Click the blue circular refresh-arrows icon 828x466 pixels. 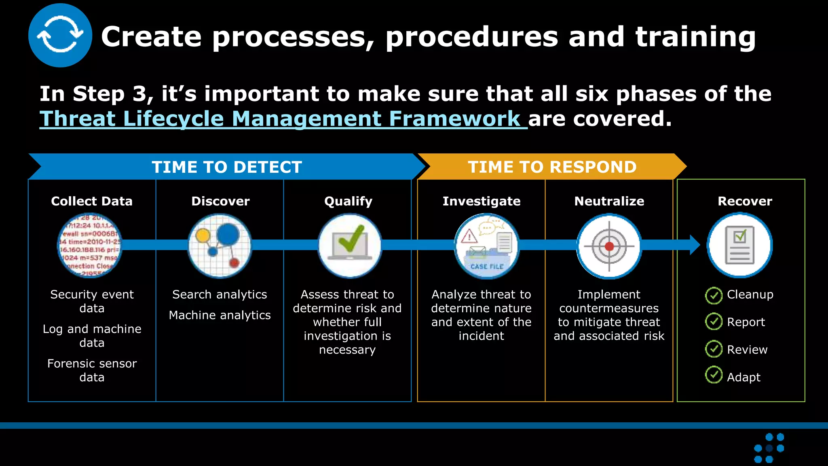click(x=60, y=36)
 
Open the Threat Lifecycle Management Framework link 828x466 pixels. click(x=283, y=119)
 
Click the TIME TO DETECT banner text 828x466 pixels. click(x=227, y=167)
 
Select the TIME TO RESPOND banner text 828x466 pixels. click(x=552, y=167)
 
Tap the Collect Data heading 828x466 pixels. click(x=92, y=201)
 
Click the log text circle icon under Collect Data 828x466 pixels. click(x=90, y=246)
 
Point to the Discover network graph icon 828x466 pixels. click(x=220, y=246)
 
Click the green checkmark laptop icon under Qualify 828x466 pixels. click(x=350, y=246)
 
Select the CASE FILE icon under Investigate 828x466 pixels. click(x=487, y=246)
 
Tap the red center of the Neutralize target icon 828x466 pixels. click(x=609, y=246)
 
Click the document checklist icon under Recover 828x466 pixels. click(x=739, y=245)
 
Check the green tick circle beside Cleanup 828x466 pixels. click(x=714, y=296)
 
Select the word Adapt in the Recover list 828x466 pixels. click(x=744, y=377)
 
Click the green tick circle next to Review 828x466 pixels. click(x=714, y=349)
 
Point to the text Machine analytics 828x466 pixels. click(x=220, y=315)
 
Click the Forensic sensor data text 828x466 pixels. click(x=92, y=370)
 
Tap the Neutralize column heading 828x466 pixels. click(x=609, y=201)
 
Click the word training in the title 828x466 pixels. click(x=695, y=37)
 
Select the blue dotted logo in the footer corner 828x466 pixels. click(x=769, y=448)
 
